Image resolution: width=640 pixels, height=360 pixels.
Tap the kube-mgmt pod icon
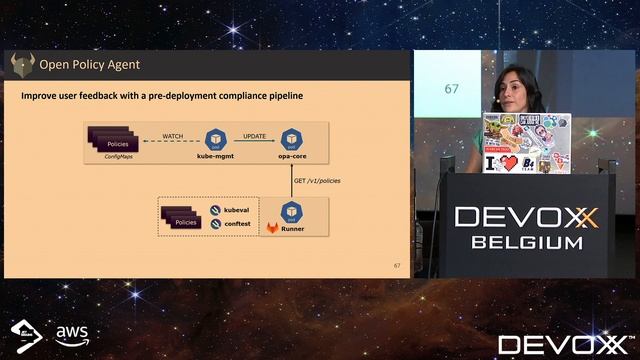click(214, 140)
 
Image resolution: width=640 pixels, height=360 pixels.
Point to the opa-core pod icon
click(291, 140)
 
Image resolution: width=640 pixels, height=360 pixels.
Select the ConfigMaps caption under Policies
click(119, 158)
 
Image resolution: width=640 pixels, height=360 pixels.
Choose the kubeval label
click(236, 211)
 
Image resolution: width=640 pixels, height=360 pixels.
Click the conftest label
click(236, 224)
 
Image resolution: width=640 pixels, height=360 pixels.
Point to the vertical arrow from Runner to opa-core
click(291, 180)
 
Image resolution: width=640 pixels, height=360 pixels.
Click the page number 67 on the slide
click(396, 265)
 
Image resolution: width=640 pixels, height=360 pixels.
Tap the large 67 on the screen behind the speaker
click(451, 89)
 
